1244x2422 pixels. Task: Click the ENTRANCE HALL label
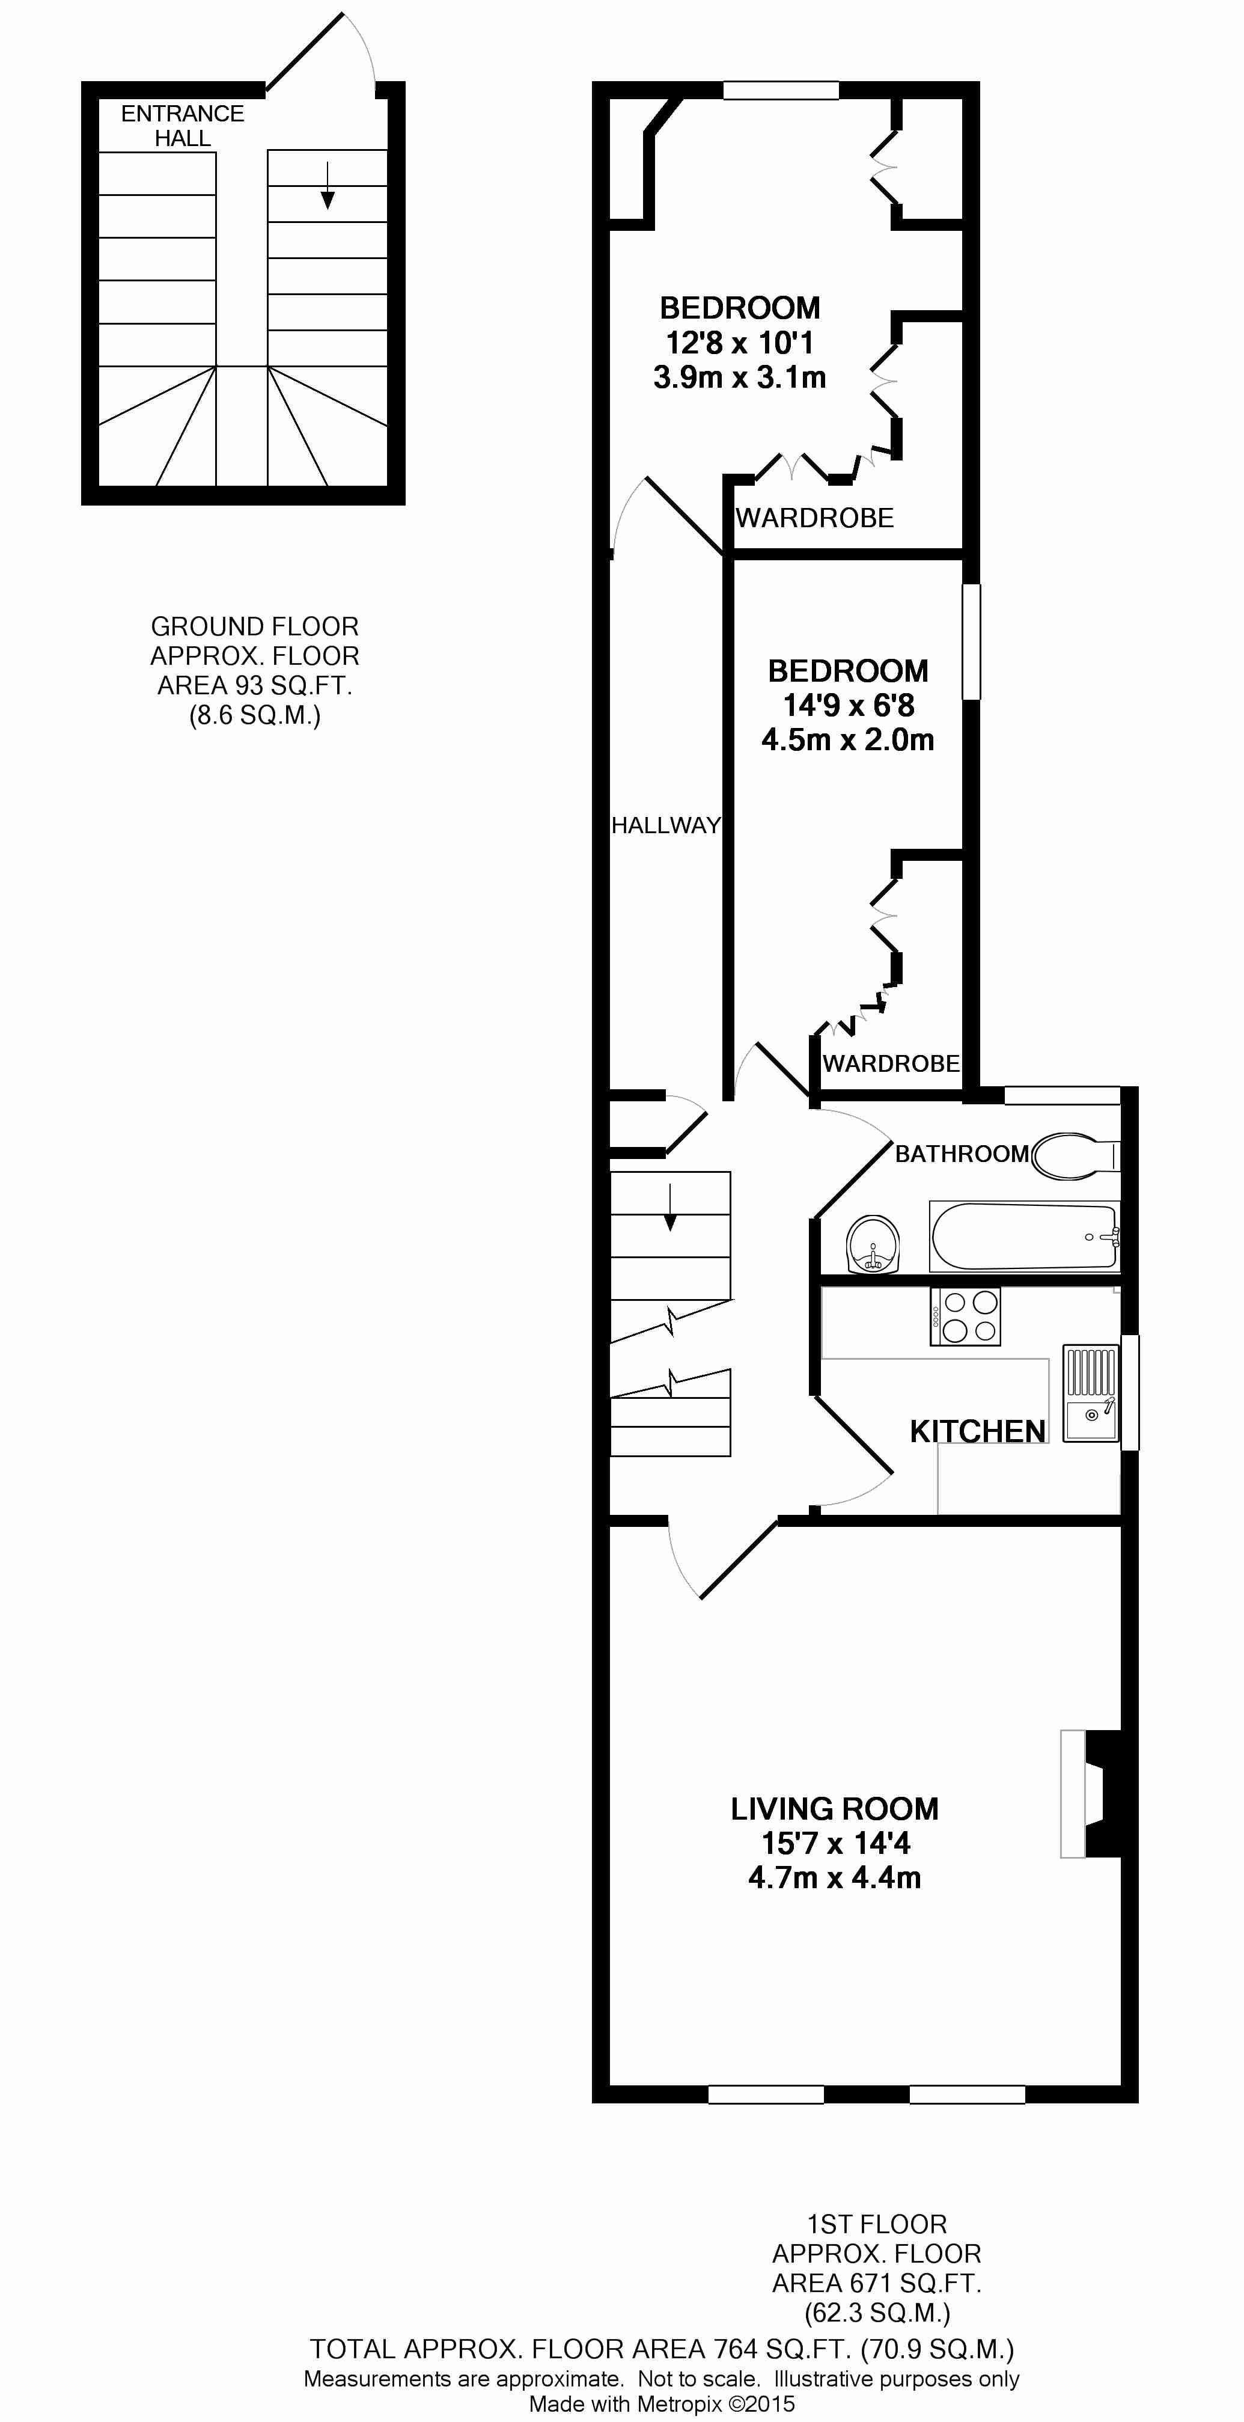pyautogui.click(x=183, y=125)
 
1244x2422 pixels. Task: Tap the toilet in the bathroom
pyautogui.click(x=1075, y=1155)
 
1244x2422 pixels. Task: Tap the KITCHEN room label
pyautogui.click(x=977, y=1431)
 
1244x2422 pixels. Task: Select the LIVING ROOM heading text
pyautogui.click(x=834, y=1808)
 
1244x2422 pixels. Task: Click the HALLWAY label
pyautogui.click(x=666, y=825)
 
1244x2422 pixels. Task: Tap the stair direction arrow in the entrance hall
pyautogui.click(x=327, y=185)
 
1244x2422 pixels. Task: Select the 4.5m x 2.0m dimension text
pyautogui.click(x=847, y=740)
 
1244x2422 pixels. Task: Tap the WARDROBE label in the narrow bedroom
pyautogui.click(x=891, y=1063)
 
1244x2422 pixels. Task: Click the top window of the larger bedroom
pyautogui.click(x=781, y=90)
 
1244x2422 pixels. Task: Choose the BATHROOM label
pyautogui.click(x=961, y=1154)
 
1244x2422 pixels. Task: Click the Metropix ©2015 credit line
pyautogui.click(x=662, y=2404)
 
